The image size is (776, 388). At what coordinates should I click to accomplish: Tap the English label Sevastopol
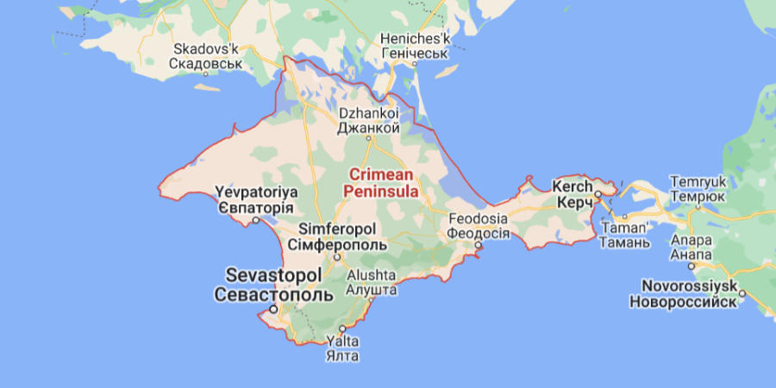(273, 275)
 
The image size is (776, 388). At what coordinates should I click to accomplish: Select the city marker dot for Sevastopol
(273, 308)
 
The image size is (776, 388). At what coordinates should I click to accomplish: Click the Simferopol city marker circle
(338, 255)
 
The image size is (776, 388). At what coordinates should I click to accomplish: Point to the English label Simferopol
(337, 229)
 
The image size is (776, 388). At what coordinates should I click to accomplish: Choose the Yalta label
(341, 341)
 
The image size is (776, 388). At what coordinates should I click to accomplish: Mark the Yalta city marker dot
(342, 329)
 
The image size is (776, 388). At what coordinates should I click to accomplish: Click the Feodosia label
(478, 219)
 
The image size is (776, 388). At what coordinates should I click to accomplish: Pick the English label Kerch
(573, 186)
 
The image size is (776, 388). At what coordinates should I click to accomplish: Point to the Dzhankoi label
(368, 113)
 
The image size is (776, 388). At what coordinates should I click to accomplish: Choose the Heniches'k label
(416, 40)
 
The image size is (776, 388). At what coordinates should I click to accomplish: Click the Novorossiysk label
(688, 285)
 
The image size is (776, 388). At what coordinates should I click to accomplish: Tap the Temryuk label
(699, 182)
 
